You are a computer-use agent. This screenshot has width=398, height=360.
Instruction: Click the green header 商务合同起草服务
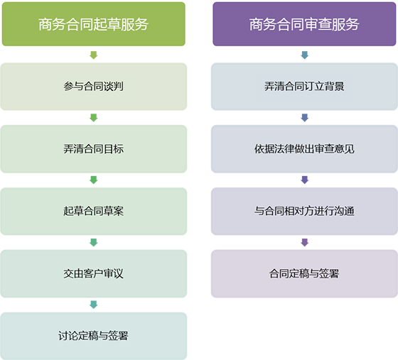click(x=94, y=24)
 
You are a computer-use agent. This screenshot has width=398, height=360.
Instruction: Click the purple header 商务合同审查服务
click(x=304, y=24)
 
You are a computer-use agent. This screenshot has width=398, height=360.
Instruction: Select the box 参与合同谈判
click(x=94, y=87)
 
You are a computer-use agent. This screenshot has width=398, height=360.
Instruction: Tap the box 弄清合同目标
click(x=94, y=149)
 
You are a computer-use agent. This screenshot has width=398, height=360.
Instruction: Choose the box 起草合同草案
click(x=94, y=211)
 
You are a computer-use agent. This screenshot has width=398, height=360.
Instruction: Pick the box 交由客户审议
click(x=94, y=273)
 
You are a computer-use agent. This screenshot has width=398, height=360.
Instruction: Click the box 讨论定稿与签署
click(x=94, y=336)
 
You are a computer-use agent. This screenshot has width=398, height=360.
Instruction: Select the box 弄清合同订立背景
click(x=304, y=87)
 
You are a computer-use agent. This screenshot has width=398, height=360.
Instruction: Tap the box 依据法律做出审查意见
click(x=304, y=149)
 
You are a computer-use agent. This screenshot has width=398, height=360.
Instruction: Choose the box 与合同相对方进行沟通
click(x=304, y=211)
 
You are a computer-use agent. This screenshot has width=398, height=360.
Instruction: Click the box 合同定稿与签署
click(x=304, y=273)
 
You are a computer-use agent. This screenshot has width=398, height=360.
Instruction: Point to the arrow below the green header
click(x=94, y=55)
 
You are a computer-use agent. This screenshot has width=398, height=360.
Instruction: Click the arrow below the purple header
click(x=305, y=55)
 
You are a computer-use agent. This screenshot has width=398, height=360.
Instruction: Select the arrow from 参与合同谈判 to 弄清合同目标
click(x=94, y=118)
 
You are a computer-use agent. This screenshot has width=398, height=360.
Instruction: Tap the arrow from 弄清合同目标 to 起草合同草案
click(x=94, y=180)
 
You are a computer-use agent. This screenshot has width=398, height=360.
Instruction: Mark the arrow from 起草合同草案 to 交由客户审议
click(x=94, y=242)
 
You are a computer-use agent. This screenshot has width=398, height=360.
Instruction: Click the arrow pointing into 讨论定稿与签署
click(x=94, y=305)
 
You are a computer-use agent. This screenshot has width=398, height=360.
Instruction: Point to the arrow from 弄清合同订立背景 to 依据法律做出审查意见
click(x=305, y=118)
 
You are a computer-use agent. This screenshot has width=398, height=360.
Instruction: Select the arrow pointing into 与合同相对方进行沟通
click(x=305, y=180)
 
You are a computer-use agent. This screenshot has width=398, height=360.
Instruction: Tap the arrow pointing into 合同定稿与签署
click(x=305, y=242)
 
